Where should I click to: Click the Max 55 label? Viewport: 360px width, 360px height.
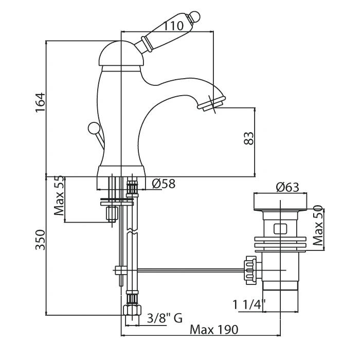coord(60,196)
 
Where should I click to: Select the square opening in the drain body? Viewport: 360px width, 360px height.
coord(280,227)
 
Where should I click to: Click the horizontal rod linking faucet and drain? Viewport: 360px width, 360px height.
coord(185,269)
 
